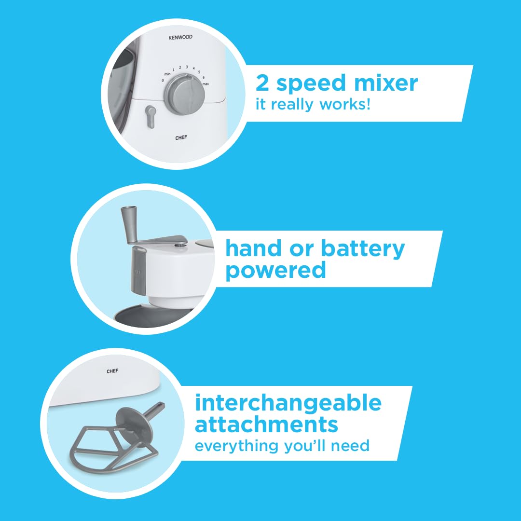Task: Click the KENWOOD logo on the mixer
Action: (x=180, y=37)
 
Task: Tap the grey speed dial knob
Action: (x=185, y=95)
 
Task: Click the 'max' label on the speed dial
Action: (x=206, y=84)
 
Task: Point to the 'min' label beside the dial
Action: (x=167, y=74)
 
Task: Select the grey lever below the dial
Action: (x=151, y=117)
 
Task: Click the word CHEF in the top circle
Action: (x=181, y=137)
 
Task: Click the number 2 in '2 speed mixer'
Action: (x=262, y=83)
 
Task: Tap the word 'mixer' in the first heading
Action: (x=386, y=83)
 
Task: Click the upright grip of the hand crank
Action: (x=129, y=224)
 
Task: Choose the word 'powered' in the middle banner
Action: (x=276, y=271)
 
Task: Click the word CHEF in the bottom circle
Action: (x=112, y=371)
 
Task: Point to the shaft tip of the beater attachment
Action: (x=162, y=406)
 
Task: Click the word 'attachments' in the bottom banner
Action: (x=266, y=425)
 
